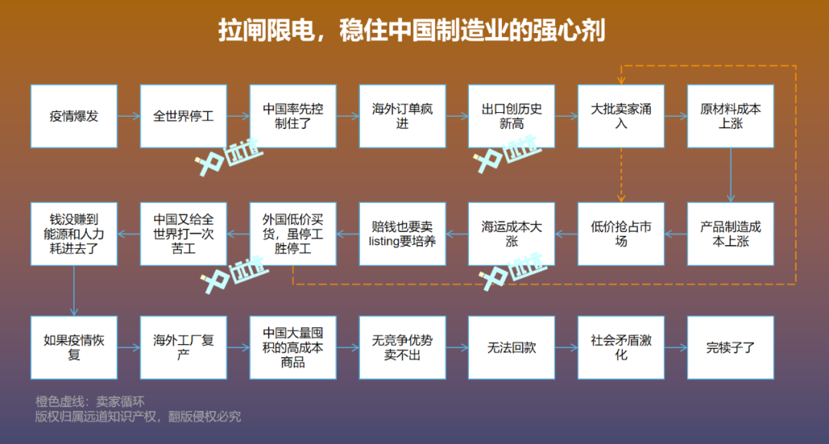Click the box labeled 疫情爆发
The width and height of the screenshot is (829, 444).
[74, 116]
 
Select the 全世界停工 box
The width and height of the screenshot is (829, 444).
[183, 116]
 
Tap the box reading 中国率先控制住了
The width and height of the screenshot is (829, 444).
[293, 116]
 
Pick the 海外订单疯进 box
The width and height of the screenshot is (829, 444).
[403, 116]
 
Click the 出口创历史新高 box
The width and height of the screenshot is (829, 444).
[512, 116]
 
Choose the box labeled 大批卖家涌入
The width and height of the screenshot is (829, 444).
[621, 116]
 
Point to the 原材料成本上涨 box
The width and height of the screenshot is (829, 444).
[731, 116]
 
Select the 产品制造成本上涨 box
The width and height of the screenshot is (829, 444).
[731, 234]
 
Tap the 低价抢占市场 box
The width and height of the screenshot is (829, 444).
[621, 234]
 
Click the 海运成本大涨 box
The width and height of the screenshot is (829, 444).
[512, 234]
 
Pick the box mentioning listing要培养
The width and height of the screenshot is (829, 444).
[403, 234]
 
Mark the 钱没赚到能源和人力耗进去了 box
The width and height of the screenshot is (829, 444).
[74, 234]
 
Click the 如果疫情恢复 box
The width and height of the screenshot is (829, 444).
[74, 347]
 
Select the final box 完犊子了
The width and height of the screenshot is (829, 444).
[731, 347]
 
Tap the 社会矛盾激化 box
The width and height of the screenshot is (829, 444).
[621, 347]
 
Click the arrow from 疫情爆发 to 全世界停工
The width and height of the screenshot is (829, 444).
[128, 117]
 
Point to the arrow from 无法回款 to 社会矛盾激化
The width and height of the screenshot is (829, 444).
[566, 347]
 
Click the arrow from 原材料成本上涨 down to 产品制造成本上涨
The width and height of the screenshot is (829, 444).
[731, 175]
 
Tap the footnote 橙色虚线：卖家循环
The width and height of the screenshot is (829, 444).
[90, 401]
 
